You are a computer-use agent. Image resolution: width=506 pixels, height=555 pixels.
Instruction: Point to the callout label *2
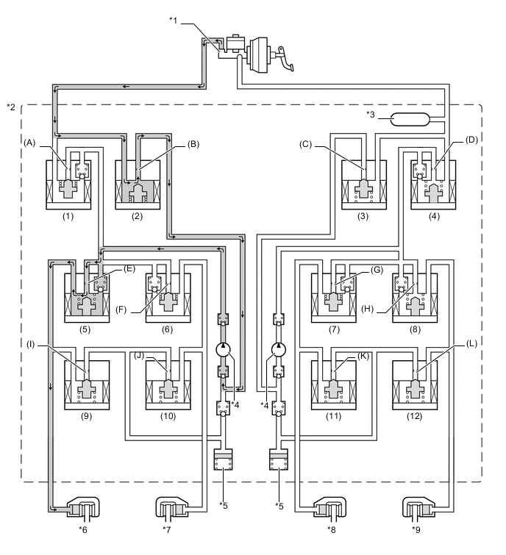coord(11,107)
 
